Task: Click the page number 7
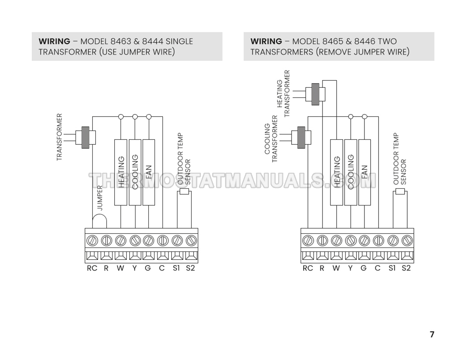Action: coord(432,334)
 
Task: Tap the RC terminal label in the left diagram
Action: coord(92,269)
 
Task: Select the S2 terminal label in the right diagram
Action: coord(406,269)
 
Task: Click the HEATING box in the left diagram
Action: coord(120,172)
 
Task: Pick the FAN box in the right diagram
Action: coord(365,172)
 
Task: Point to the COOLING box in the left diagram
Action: coord(135,172)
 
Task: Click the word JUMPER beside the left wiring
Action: coord(100,197)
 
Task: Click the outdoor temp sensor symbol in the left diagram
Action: coord(184,192)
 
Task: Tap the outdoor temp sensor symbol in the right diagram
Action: coord(400,191)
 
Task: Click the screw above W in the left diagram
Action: coord(120,240)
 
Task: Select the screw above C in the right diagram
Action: coord(378,240)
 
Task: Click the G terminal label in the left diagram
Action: coord(148,269)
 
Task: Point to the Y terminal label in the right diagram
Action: coord(350,269)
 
